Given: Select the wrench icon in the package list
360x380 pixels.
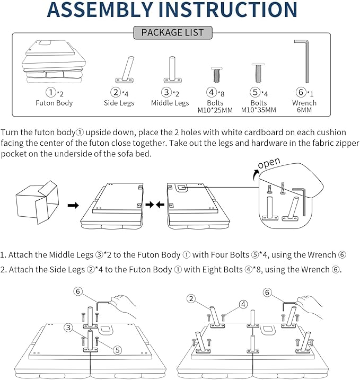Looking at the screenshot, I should point(304,61).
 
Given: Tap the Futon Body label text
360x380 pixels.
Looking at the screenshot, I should point(54,103).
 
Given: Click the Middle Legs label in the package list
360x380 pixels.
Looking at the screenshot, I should point(170,103).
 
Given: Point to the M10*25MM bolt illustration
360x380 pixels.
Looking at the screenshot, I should point(216,74).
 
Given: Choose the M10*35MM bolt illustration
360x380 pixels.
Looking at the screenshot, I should point(257,72).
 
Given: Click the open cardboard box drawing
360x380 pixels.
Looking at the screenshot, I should point(37,201).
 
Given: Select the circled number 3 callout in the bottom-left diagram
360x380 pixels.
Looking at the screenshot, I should point(69,328).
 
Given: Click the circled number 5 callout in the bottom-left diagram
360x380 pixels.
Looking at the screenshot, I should point(117,349).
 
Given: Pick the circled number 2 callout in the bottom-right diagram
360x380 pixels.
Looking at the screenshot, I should point(191,298).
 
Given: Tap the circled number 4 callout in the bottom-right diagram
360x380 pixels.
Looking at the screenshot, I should point(242,304).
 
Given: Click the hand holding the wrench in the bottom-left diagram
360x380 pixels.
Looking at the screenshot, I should point(123,304).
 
